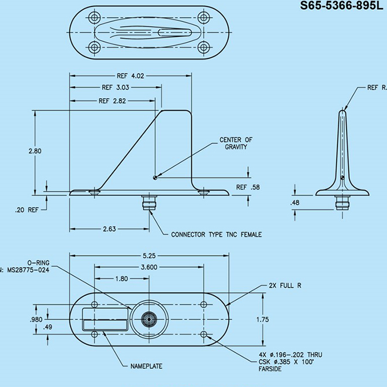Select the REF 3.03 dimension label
coord(115,88)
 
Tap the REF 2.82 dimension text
coord(112,101)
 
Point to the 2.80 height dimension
coord(35,151)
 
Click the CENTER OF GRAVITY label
coord(236,143)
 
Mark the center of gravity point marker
coord(155,177)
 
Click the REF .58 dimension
coord(249,187)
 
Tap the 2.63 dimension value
coord(110,229)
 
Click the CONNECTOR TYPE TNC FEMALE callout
coord(217,235)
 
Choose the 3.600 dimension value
coord(148,267)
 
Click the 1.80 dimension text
coord(122,279)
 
